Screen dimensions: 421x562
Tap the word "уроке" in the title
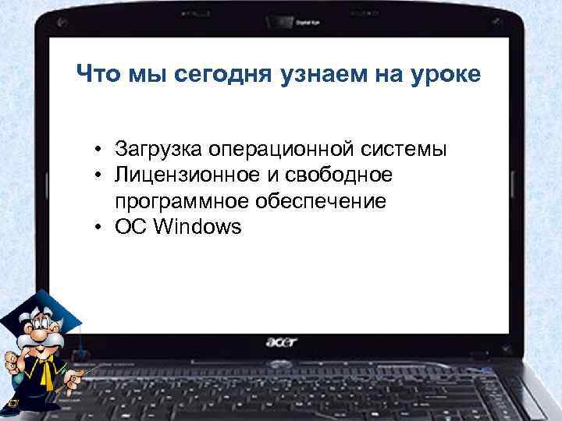pos(443,76)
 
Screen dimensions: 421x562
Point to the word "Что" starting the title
pos(98,75)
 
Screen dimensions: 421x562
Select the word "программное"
pos(181,202)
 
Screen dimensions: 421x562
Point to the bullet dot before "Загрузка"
pos(101,149)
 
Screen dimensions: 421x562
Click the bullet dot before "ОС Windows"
pos(101,228)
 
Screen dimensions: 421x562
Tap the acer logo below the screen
pos(281,341)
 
